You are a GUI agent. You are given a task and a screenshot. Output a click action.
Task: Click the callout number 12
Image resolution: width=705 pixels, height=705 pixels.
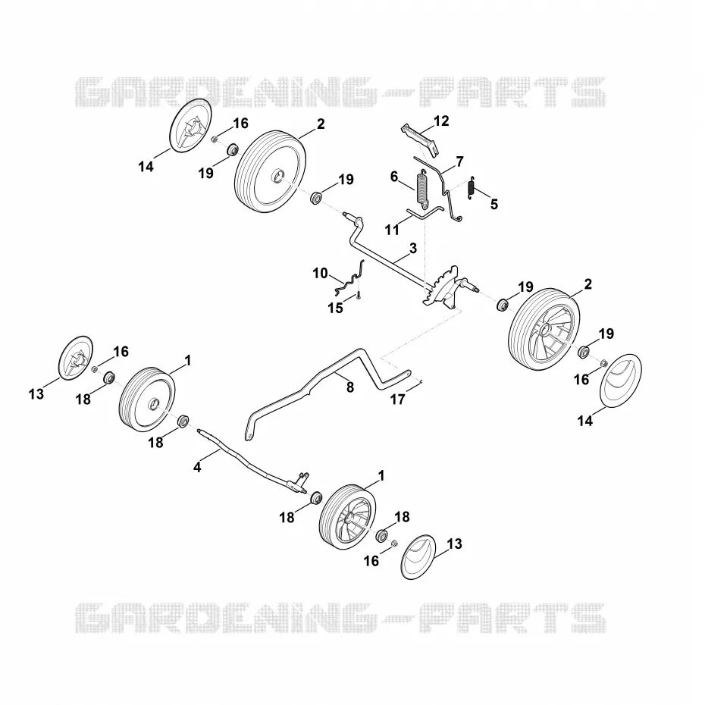coord(441,121)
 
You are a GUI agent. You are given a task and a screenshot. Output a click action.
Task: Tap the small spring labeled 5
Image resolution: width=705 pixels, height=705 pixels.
coord(472,186)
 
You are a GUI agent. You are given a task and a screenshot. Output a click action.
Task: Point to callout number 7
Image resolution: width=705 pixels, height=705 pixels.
coord(459,161)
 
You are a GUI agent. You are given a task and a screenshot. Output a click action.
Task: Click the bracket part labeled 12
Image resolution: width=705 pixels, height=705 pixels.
coord(419,139)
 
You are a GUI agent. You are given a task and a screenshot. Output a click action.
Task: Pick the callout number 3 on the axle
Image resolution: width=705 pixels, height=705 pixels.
coord(412,248)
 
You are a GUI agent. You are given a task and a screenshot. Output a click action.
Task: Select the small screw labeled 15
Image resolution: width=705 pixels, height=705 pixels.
coord(359,296)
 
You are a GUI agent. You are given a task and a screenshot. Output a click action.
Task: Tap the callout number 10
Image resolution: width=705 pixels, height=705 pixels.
coord(320,274)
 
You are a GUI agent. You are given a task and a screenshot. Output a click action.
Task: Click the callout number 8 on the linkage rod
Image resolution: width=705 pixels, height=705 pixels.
coord(349,387)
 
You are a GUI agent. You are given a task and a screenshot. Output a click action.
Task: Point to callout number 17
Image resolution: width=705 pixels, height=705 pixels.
coord(397,399)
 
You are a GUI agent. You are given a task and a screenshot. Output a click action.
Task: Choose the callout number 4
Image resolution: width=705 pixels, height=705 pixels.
coord(197,467)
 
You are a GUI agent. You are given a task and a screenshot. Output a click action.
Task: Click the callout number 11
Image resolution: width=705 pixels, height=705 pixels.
coord(392,230)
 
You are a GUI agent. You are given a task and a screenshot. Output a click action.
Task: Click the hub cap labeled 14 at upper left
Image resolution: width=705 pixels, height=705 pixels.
coord(190,125)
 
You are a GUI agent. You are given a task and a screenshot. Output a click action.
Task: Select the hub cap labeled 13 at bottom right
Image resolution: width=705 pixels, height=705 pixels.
coord(418,557)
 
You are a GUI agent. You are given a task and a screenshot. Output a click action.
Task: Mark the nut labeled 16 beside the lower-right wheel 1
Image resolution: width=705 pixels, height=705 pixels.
coord(394,543)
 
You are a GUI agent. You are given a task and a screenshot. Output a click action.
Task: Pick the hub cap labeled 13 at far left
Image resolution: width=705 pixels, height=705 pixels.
coord(76,358)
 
